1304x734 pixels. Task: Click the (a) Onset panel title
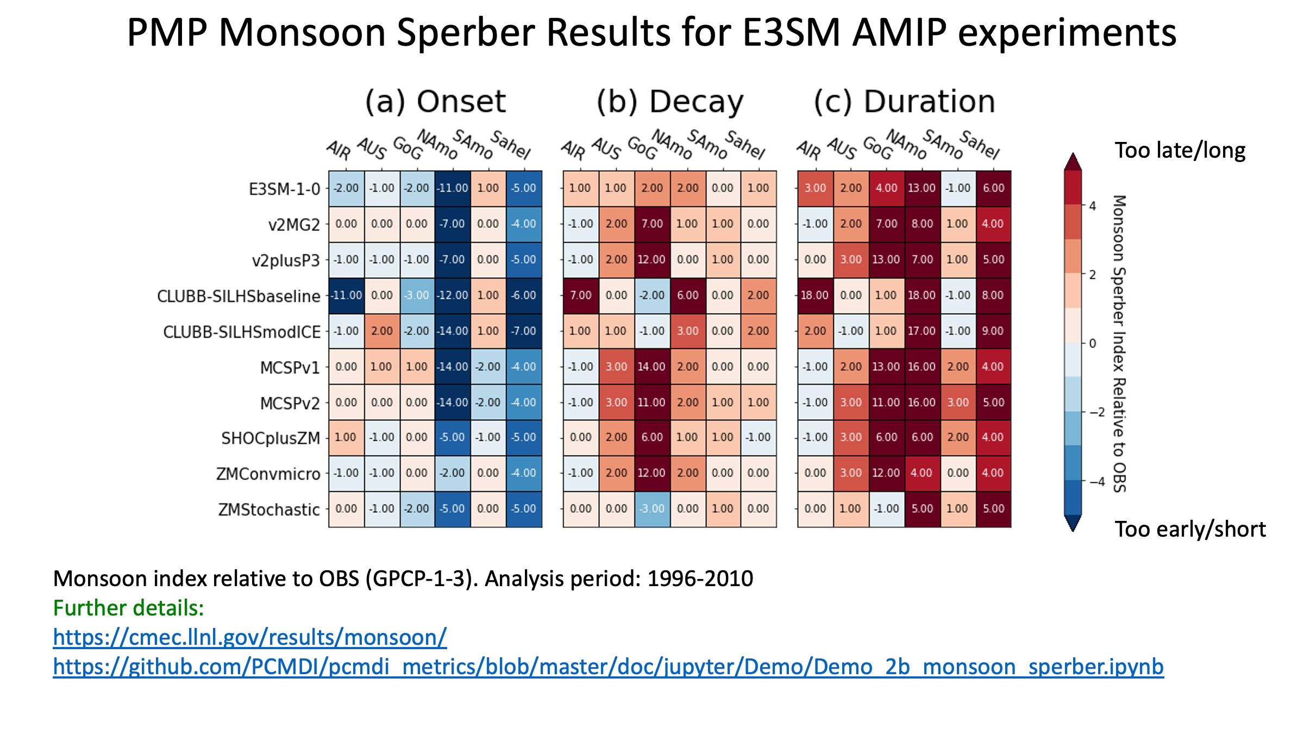tap(435, 102)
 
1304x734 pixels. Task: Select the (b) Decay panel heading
tap(670, 102)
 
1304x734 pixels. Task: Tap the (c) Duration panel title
tap(905, 102)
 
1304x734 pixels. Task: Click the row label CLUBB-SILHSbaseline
tap(239, 296)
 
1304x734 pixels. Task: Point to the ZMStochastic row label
tap(269, 510)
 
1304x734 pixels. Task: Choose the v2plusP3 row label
tap(286, 261)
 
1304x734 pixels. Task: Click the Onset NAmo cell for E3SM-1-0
tap(453, 188)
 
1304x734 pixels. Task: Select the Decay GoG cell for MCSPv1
tap(652, 366)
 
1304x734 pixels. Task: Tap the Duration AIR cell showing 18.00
tap(815, 295)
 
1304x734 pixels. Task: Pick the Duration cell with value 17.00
tap(922, 331)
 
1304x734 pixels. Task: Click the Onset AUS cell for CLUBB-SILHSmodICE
tap(382, 331)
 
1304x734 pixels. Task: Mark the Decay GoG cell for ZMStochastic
tap(652, 509)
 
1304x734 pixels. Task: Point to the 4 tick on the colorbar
tap(1093, 206)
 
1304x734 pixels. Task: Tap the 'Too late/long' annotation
tap(1180, 151)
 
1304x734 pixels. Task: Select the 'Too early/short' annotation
tap(1190, 530)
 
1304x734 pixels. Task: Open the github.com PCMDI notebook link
tap(609, 667)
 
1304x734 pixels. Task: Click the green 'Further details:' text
tap(129, 608)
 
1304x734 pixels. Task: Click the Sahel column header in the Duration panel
tap(980, 145)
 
